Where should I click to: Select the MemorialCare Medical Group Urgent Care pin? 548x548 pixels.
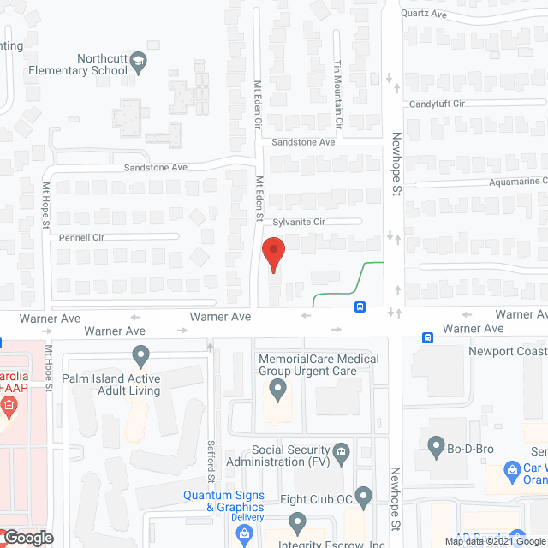(277, 390)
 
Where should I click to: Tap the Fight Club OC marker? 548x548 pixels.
(363, 495)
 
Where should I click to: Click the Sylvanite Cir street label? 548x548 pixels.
(299, 222)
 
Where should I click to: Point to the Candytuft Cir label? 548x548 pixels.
(436, 104)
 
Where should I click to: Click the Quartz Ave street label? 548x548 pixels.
(425, 14)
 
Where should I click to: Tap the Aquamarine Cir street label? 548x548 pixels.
(506, 182)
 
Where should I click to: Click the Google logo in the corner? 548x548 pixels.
(27, 538)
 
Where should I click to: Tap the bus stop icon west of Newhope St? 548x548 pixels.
(360, 307)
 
